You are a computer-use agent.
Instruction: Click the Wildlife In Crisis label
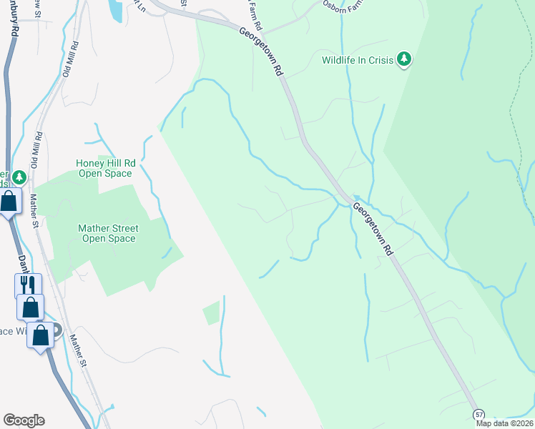pos(358,61)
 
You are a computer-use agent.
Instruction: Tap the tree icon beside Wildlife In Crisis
pos(405,59)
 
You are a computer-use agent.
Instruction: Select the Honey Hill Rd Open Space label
pos(104,168)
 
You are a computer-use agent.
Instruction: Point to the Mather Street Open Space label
pos(108,233)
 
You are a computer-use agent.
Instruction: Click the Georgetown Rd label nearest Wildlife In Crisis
pos(262,52)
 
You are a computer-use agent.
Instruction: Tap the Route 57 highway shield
pos(479,415)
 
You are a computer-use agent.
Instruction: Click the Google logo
pos(24,420)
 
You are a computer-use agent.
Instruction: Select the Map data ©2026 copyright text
pos(504,423)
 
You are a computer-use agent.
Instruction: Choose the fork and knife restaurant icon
pos(29,285)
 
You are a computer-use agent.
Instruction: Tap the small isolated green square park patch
pos(211,312)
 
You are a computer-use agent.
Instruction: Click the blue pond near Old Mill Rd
pos(114,9)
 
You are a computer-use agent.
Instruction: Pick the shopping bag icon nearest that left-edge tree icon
pos(9,202)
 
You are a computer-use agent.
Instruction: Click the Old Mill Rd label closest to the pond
pos(69,59)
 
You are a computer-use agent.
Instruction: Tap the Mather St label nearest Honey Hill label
pos(34,212)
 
